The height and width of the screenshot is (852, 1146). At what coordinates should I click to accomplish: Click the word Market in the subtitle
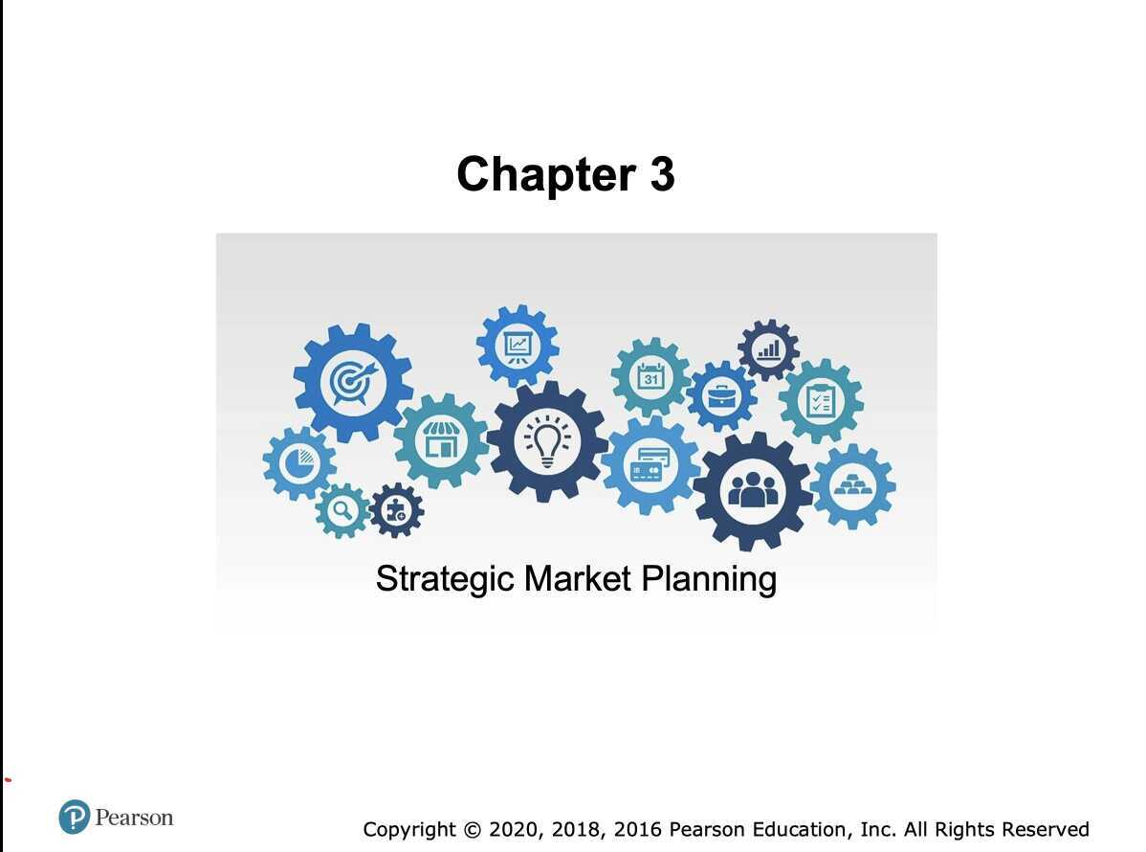pos(578,579)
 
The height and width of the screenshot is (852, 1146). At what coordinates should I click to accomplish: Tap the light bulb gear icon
pos(546,441)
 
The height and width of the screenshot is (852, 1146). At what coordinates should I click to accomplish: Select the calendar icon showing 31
pos(651,376)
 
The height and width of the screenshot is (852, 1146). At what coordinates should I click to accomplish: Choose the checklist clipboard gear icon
pos(820,401)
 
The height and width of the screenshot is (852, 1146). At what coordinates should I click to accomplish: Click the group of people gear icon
pos(753,491)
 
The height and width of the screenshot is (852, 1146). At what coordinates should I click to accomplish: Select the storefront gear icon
pos(441,440)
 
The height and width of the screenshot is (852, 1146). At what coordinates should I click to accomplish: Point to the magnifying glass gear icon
pos(342,509)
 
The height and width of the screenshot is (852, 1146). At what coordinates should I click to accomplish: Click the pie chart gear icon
pos(299,463)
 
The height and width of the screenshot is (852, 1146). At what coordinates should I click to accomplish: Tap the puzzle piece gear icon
pos(396,510)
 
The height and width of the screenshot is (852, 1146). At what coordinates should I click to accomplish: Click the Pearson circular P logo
pos(74,818)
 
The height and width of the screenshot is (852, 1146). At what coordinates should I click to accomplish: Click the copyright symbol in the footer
pos(472,829)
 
